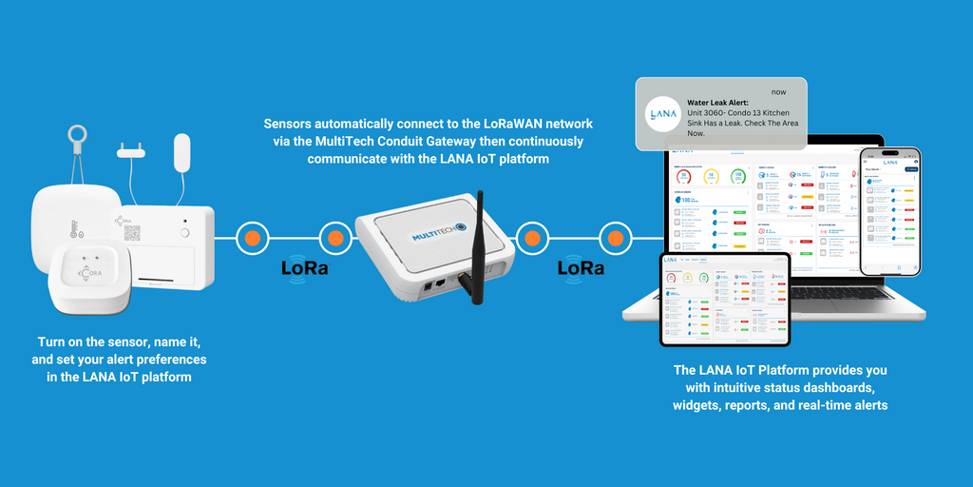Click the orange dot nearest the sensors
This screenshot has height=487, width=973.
[x=253, y=238]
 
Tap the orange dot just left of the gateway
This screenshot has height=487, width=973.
[x=334, y=238]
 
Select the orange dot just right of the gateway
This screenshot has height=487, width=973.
[x=532, y=238]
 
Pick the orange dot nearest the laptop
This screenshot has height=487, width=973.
[x=616, y=238]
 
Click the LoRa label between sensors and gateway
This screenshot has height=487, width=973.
[x=305, y=268]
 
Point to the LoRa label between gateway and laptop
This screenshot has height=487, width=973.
[x=581, y=268]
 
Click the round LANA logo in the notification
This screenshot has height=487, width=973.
[x=661, y=115]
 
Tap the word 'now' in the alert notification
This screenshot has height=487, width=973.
[x=779, y=91]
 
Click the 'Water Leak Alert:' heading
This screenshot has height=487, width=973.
[x=717, y=103]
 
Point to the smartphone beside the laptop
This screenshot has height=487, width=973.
[x=889, y=211]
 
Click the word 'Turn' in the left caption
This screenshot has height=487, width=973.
[x=53, y=341]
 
